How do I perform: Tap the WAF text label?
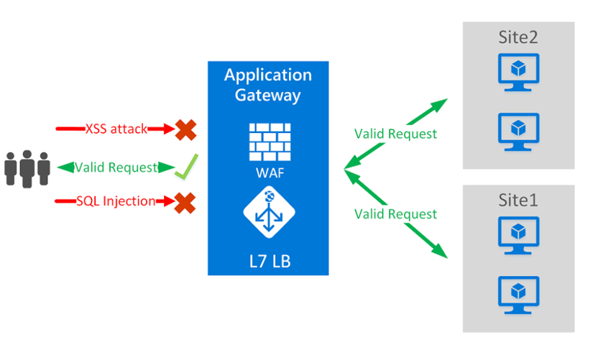[x=268, y=174]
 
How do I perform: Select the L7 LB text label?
[x=268, y=258]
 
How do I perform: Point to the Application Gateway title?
[x=268, y=85]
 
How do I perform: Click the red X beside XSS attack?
[x=185, y=129]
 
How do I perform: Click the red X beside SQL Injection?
[x=185, y=202]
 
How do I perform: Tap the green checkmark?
[x=185, y=168]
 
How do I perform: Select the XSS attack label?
[x=116, y=129]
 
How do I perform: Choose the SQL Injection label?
[x=116, y=201]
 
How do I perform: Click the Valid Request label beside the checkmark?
[x=116, y=167]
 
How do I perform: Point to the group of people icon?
[x=27, y=167]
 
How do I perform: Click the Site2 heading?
[x=518, y=37]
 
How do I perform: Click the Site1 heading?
[x=518, y=200]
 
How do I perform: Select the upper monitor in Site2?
[x=518, y=72]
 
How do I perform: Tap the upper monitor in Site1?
[x=518, y=234]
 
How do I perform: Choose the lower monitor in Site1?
[x=518, y=294]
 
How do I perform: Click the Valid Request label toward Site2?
[x=395, y=134]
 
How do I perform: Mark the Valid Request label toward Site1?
[x=395, y=213]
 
